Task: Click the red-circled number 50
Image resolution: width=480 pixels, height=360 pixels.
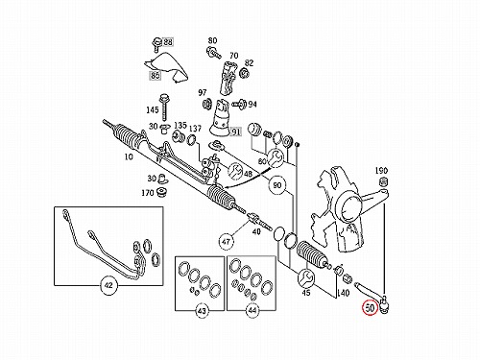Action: click(x=370, y=308)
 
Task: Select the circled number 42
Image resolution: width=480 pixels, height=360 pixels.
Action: click(x=108, y=285)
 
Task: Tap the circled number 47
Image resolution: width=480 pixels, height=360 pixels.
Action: click(x=227, y=241)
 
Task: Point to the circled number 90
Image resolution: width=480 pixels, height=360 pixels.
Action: click(x=277, y=185)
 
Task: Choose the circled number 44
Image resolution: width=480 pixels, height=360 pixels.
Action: click(x=252, y=310)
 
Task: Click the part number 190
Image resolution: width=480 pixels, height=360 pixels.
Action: click(x=381, y=171)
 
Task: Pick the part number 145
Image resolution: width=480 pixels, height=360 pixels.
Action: click(x=153, y=109)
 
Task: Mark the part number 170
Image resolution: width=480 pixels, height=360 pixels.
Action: click(x=148, y=193)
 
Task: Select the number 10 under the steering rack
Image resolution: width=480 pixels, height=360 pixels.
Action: click(x=129, y=156)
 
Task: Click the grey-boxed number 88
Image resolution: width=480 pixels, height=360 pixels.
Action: click(x=168, y=42)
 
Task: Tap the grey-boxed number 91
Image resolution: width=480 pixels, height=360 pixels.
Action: click(x=235, y=132)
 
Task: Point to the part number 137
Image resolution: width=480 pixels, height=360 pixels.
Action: click(x=195, y=129)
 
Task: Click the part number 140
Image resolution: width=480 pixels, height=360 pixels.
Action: click(x=344, y=293)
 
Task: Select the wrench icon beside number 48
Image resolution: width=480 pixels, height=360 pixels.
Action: click(x=235, y=171)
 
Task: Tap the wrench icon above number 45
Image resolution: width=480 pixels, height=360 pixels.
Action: click(x=305, y=277)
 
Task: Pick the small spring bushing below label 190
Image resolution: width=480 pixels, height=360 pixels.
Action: click(x=382, y=181)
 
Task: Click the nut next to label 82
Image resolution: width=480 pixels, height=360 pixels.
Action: click(x=245, y=73)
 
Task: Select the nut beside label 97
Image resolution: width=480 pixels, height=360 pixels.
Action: click(x=206, y=104)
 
